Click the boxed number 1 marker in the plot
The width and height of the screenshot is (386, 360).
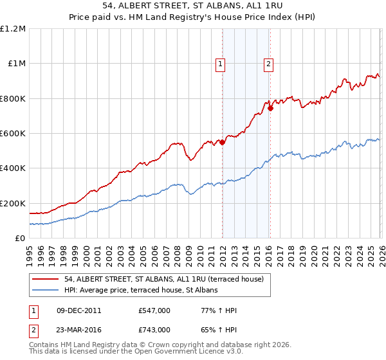(x=221, y=64)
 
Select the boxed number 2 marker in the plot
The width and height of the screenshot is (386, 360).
(x=268, y=64)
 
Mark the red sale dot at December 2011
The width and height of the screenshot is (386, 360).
(x=222, y=143)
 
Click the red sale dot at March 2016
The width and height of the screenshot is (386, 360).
(x=270, y=109)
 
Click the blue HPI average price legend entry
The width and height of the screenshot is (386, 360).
(x=141, y=290)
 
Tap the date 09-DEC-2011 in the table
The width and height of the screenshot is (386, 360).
(x=78, y=310)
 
